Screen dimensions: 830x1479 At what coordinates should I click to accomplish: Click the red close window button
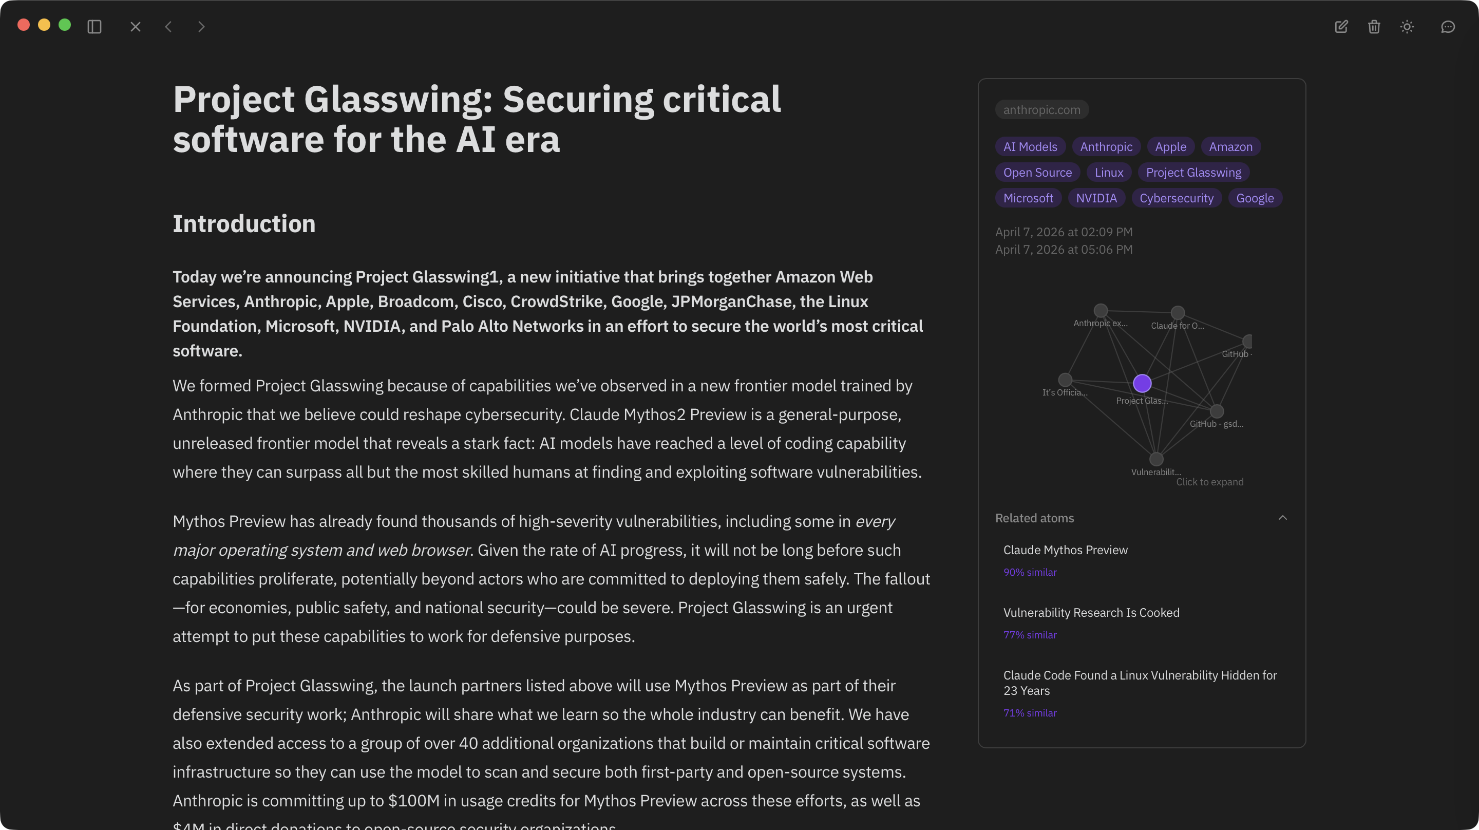coord(24,25)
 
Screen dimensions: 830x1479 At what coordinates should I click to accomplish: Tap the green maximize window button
coord(65,25)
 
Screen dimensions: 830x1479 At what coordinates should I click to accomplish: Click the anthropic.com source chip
coord(1041,110)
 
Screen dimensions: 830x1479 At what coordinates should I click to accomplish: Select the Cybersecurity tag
coord(1177,198)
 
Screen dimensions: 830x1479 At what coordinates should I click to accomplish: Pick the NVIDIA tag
coord(1096,198)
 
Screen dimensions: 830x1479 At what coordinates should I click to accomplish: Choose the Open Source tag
coord(1037,173)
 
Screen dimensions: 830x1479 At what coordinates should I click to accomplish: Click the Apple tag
coord(1170,146)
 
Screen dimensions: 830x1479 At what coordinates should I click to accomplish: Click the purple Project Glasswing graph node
coord(1142,383)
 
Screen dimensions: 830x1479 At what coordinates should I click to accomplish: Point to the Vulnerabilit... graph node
coord(1156,459)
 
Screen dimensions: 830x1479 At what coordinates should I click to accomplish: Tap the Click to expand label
coord(1210,482)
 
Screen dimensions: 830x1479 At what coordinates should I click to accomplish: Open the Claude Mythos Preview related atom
coord(1065,550)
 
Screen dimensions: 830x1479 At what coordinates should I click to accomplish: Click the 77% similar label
coord(1030,635)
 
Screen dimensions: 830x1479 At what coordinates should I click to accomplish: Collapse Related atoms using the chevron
coord(1283,518)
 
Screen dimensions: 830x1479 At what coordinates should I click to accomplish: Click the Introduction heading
coord(244,223)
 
